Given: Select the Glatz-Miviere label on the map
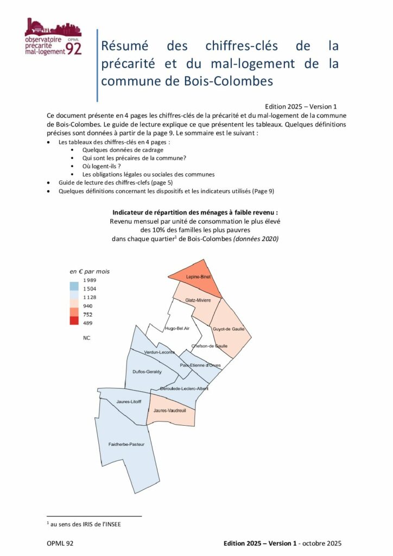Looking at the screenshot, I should coord(197,300).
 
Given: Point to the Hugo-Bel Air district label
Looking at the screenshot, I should coord(177,328).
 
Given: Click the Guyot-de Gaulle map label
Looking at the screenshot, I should coord(229,329).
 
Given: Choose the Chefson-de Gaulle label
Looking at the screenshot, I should coord(210,346).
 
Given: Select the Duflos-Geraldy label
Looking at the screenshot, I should coord(147,371).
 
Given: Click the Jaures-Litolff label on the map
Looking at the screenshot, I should coord(129,402).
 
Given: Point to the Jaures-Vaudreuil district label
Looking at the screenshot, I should coord(170,410).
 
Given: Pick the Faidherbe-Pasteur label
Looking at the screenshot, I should coord(126,445).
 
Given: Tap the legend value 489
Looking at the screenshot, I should coord(87,323).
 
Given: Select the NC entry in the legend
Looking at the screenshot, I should coord(87,338).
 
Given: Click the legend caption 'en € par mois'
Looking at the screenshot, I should coord(90,270).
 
